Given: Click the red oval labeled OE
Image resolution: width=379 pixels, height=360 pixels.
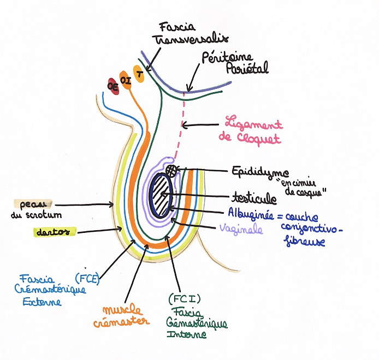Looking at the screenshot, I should click(x=114, y=86).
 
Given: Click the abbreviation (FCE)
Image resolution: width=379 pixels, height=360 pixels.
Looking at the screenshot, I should click(x=86, y=277).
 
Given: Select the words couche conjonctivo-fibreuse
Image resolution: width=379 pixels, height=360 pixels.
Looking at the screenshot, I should click(x=311, y=226).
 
